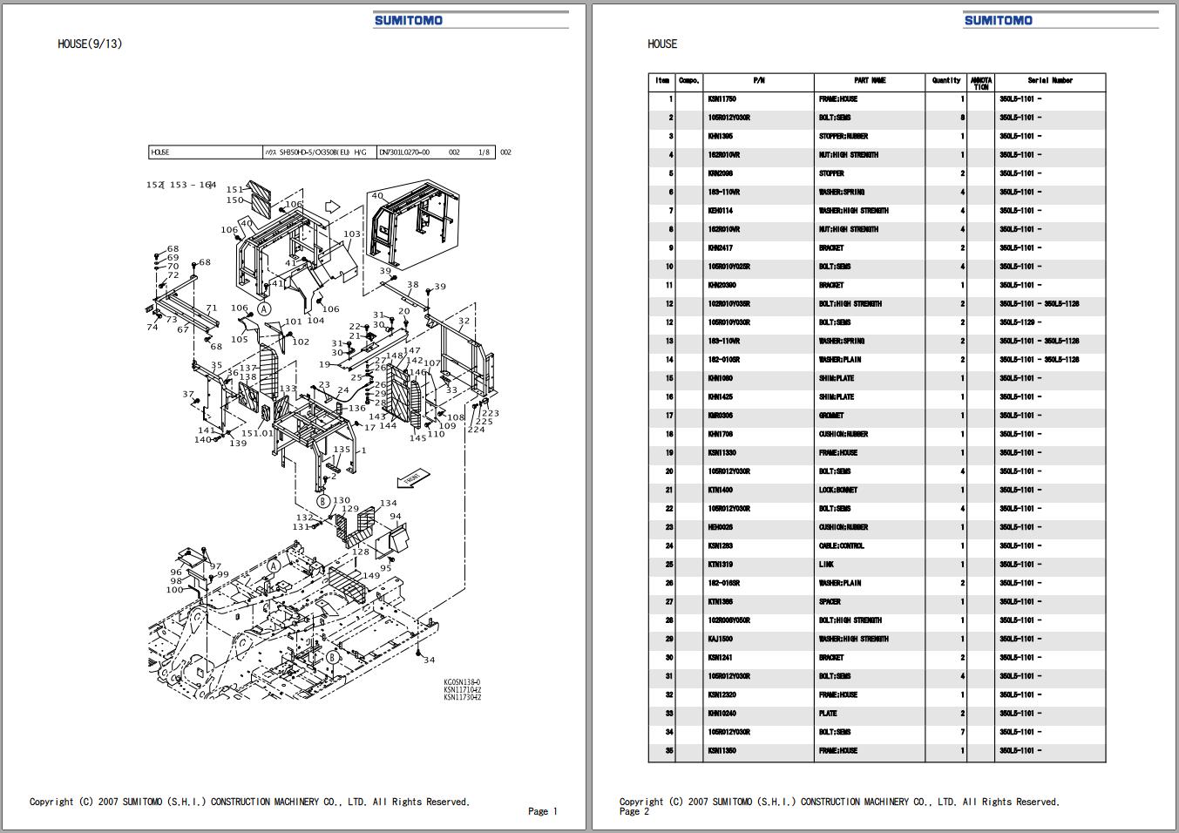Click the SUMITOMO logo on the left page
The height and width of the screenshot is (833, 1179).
point(408,20)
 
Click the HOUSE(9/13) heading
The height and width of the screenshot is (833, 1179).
point(90,44)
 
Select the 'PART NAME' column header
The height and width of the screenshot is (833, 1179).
point(869,81)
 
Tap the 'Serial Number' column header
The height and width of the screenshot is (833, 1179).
point(1049,81)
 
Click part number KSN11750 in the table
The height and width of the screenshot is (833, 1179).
point(722,99)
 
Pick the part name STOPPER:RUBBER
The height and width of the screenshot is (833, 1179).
point(843,137)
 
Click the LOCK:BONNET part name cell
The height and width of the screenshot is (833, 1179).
point(837,491)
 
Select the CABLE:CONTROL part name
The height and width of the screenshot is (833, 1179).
point(841,546)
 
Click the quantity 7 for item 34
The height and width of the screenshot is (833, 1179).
point(962,733)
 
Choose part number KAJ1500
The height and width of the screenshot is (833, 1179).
point(720,640)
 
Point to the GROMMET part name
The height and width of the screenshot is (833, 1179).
point(830,416)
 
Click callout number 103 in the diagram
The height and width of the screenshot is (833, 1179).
point(351,234)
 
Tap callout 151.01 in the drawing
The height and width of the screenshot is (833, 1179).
point(256,433)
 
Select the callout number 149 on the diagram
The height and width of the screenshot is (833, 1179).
point(371,576)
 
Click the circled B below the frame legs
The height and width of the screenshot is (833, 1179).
point(322,501)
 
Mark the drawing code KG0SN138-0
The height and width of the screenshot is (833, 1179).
point(462,682)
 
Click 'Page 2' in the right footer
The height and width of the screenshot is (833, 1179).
point(634,811)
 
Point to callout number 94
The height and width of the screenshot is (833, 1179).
point(396,517)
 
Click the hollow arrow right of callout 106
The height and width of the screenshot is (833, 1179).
point(331,207)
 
